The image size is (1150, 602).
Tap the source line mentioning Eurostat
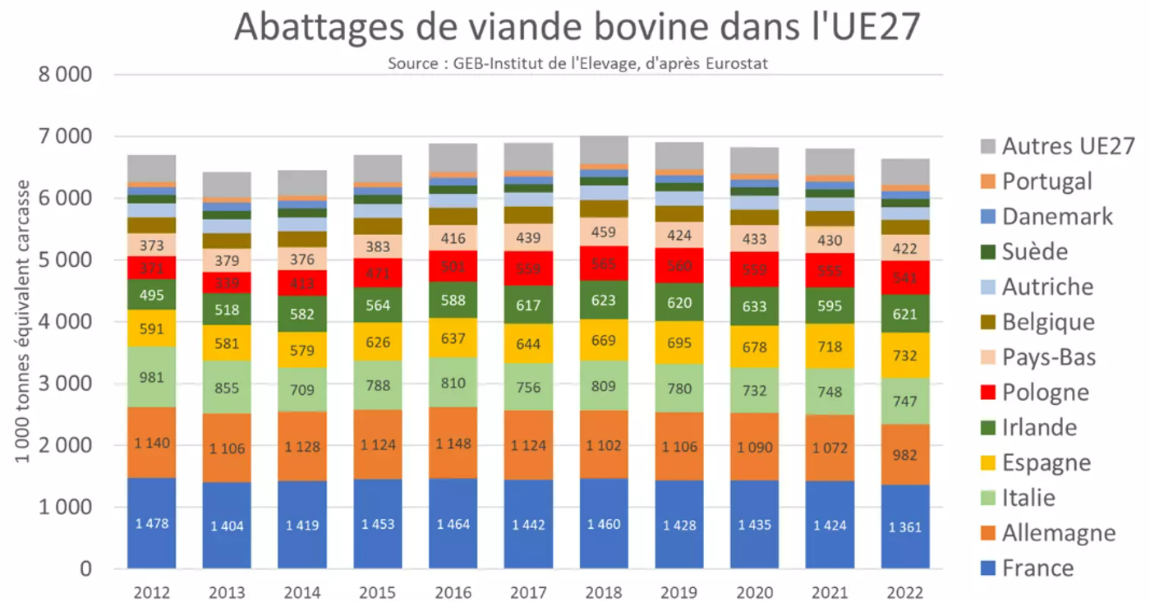pos(577,63)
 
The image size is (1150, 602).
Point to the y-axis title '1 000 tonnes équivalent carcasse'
pos(22,321)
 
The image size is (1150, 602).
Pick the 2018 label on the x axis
pos(604,592)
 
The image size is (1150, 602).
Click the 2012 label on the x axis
pos(151,592)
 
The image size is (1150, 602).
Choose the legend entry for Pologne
pos(1045,393)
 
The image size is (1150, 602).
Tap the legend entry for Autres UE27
pos(1068,147)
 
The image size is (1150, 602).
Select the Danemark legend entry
pos(1057,217)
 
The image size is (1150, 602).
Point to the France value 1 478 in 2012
pos(151,522)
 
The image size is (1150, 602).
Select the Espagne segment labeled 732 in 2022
pos(905,354)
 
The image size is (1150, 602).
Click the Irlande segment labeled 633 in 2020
pos(754,306)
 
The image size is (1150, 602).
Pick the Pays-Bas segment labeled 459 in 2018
pos(604,232)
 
